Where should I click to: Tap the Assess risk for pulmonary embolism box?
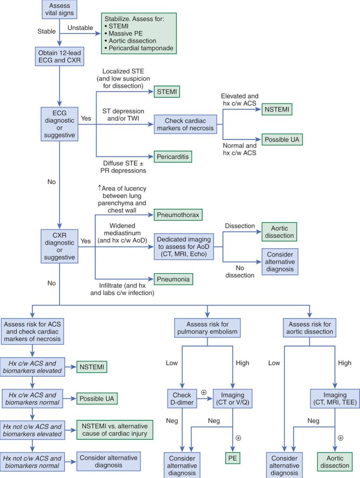(x=207, y=328)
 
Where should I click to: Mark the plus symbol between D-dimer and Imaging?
(x=204, y=392)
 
